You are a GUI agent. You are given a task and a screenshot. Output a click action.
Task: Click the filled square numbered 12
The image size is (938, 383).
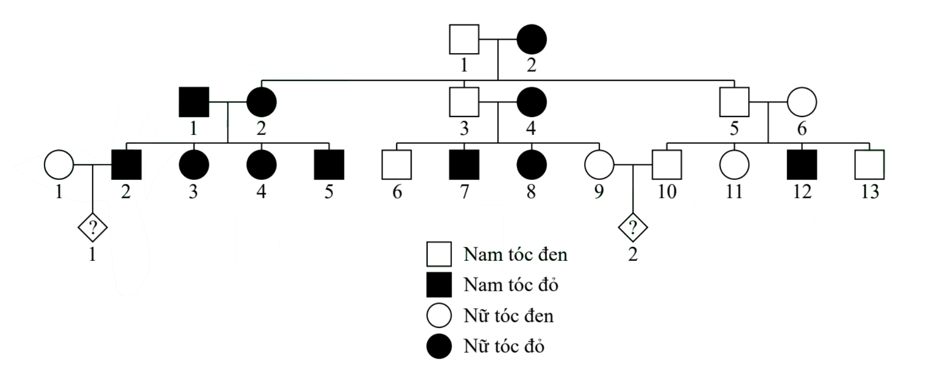pos(802,165)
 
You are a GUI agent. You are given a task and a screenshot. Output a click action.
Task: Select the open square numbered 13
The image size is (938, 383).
pos(869,165)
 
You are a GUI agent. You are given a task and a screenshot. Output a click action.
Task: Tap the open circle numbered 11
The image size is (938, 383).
pos(734,165)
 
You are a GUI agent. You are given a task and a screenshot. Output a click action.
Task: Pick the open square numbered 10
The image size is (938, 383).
pos(667,165)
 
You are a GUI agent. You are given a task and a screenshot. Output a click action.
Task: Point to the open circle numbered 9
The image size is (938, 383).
pos(599,165)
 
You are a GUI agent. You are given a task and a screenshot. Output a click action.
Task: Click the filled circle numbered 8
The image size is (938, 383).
pos(531,165)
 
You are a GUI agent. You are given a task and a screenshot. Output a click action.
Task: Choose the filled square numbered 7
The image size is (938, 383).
pos(464,165)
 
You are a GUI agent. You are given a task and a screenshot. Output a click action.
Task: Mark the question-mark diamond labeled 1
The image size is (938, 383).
pos(92,227)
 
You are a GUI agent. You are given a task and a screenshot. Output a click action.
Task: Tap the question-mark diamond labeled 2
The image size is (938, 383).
pos(633,227)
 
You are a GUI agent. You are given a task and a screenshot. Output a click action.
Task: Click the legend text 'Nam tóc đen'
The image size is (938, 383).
pos(515,255)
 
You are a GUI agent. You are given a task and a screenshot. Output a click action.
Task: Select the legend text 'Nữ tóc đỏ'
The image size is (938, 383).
pos(504,346)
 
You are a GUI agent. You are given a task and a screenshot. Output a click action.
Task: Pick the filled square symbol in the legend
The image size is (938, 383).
pos(439,285)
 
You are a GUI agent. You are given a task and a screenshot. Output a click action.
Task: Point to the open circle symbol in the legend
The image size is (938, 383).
pos(439,315)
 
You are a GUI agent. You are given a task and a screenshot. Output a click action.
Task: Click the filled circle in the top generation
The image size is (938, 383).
pos(531,40)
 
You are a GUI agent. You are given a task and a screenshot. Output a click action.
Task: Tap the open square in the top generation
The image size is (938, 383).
pos(464,40)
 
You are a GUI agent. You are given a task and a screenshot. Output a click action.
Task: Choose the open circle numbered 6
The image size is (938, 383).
pos(802,102)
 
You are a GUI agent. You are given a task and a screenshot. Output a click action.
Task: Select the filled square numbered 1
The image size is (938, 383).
pos(194,102)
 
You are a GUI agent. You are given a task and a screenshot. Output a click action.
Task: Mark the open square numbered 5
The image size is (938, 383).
pos(734,102)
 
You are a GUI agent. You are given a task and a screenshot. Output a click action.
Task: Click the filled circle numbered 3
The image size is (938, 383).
pos(194,165)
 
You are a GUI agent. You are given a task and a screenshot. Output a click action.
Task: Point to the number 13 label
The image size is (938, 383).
pos(869,192)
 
